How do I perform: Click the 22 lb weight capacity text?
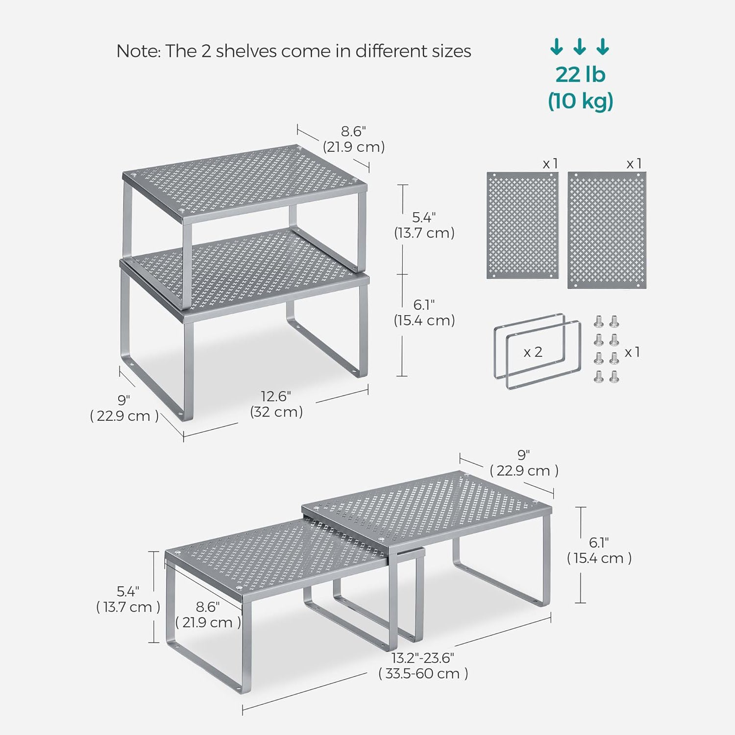click(580, 74)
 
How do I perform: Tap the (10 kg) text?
click(580, 101)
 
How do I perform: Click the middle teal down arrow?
click(580, 47)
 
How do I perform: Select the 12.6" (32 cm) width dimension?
click(276, 404)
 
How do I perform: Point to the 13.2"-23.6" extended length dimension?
click(423, 665)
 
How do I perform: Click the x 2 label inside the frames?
click(533, 352)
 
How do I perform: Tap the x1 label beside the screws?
click(632, 352)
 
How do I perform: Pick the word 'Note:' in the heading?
click(138, 51)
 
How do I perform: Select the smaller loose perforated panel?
click(522, 225)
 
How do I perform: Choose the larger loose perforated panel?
click(607, 230)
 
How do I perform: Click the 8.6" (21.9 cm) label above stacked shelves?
click(353, 139)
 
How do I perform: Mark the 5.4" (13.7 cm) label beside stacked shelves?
click(424, 225)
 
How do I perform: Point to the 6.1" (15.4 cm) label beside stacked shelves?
click(424, 313)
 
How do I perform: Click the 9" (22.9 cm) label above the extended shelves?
click(524, 463)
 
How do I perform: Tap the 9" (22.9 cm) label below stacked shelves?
click(124, 408)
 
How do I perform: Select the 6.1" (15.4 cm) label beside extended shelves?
click(599, 550)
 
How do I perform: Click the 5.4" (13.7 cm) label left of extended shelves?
click(128, 599)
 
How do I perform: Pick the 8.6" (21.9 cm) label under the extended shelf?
click(208, 615)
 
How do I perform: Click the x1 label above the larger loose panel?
click(634, 164)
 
